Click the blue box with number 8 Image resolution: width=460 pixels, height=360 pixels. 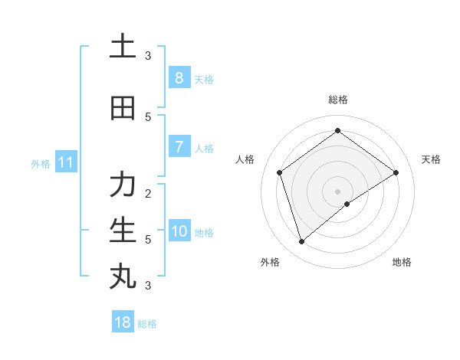pos(179,78)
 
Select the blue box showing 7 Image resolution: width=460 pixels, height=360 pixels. pos(179,147)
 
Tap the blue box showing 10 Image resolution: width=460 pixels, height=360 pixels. pos(179,231)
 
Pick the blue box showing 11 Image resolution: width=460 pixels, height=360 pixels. pos(65,162)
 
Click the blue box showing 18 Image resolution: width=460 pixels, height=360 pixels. pos(123,322)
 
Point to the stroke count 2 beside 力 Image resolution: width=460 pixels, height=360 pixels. pos(148,193)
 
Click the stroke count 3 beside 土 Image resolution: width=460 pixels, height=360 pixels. pos(148,55)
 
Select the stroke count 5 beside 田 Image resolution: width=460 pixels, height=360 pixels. pos(148,116)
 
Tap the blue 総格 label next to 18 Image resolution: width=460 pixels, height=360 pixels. pos(147,324)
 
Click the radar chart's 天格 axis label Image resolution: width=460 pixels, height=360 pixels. pos(431,159)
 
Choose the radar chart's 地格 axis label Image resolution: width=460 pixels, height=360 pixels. pos(402,262)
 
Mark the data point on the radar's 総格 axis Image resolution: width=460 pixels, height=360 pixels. pos(337,130)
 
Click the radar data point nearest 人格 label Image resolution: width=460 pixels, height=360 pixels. pos(280,172)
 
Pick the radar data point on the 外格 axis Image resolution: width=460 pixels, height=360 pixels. pos(301,242)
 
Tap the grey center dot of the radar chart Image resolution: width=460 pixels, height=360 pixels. pos(337,191)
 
